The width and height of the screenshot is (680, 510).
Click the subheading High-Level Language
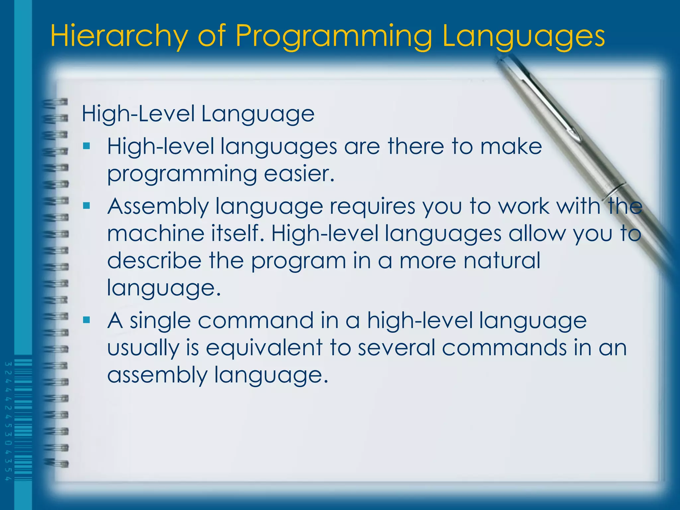(198, 114)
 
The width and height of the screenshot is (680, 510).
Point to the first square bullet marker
(87, 146)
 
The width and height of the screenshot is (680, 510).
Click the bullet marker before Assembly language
(87, 206)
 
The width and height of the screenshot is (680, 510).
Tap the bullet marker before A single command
(87, 320)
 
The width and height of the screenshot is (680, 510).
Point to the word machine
(155, 233)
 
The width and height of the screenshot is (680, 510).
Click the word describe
(154, 260)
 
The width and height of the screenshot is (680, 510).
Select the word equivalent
(264, 348)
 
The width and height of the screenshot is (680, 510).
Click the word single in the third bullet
(160, 321)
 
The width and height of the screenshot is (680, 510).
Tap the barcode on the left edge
(23, 420)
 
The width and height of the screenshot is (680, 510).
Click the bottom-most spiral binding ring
(56, 463)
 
